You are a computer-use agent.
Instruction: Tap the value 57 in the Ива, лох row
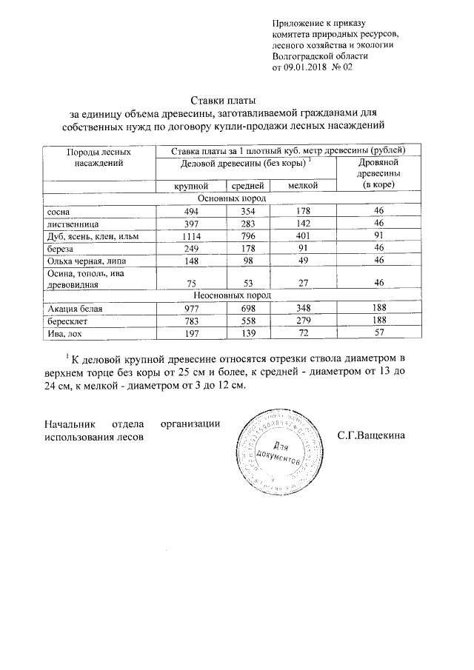378,334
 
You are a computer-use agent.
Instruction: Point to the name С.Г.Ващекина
371,435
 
